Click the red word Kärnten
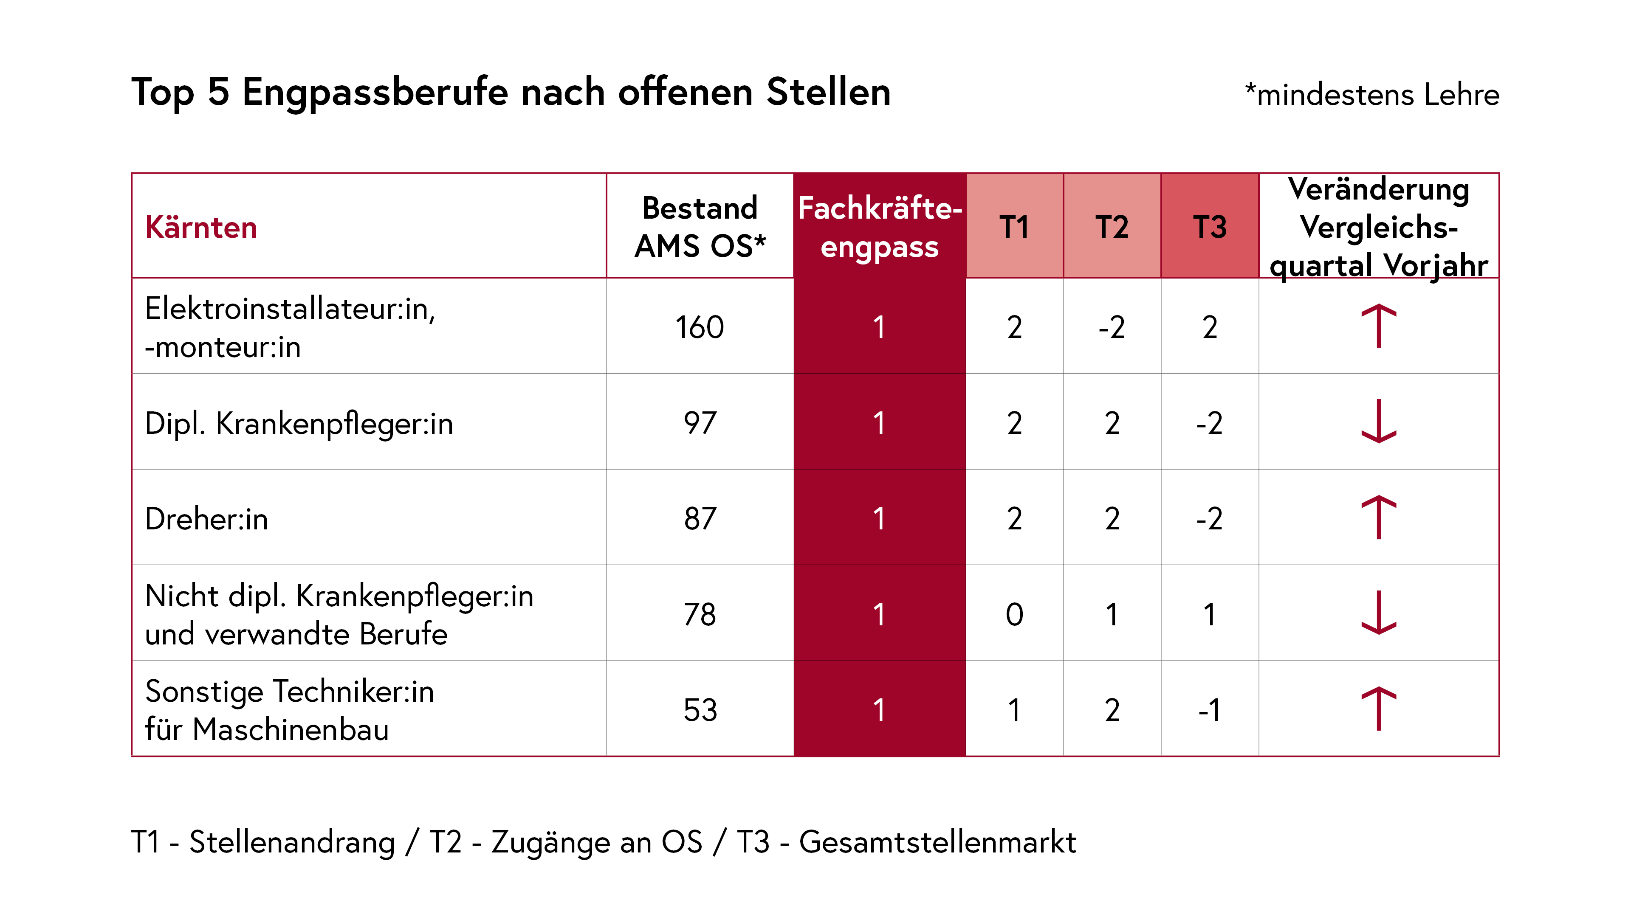tap(201, 227)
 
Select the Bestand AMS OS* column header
tap(700, 227)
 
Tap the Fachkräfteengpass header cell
tap(880, 227)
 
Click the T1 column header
tap(1014, 227)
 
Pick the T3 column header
tap(1209, 227)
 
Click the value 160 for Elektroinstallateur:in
tap(699, 327)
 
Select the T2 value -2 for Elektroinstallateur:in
tap(1112, 327)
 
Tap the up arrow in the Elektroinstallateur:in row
tap(1378, 326)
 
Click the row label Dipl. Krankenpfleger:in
tap(299, 423)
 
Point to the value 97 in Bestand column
tap(700, 423)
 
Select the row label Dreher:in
tap(206, 518)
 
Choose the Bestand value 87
tap(700, 518)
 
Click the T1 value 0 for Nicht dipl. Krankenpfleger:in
tap(1014, 614)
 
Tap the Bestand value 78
tap(700, 614)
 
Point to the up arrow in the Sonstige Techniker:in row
tap(1378, 708)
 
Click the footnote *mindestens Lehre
tap(1371, 95)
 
